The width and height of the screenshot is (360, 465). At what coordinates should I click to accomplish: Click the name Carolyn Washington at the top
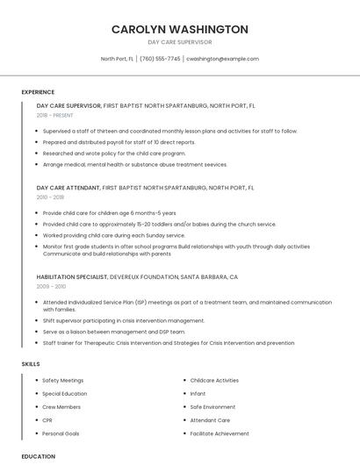[x=179, y=29]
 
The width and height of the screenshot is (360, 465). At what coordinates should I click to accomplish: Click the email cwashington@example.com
[x=222, y=59]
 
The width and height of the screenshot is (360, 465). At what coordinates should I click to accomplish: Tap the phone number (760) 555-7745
[x=160, y=59]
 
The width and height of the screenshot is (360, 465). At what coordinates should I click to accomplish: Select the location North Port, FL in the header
[x=117, y=59]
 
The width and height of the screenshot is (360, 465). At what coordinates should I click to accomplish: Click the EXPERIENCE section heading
[x=38, y=92]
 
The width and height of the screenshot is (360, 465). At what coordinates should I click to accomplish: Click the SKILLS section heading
[x=31, y=363]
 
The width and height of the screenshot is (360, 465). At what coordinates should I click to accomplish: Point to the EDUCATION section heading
[x=38, y=456]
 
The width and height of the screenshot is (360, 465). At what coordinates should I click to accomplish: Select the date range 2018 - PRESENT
[x=54, y=115]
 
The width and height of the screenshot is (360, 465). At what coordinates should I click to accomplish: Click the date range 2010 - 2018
[x=50, y=197]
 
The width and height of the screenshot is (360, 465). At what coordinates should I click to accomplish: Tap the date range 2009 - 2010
[x=51, y=287]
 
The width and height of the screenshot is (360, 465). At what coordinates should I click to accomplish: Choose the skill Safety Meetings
[x=63, y=381]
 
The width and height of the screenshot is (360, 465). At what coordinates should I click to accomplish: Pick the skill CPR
[x=47, y=420]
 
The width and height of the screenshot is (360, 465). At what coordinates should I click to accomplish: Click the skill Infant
[x=198, y=394]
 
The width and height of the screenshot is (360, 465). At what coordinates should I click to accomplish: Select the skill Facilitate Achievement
[x=220, y=433]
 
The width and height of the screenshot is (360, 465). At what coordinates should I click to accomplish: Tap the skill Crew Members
[x=61, y=407]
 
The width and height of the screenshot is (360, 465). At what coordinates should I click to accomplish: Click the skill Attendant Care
[x=210, y=420]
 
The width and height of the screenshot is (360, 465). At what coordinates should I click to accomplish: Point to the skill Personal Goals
[x=61, y=433]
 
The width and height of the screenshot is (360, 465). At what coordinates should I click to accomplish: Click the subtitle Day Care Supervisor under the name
[x=179, y=42]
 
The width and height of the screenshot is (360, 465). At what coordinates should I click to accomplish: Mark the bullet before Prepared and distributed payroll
[x=37, y=141]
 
